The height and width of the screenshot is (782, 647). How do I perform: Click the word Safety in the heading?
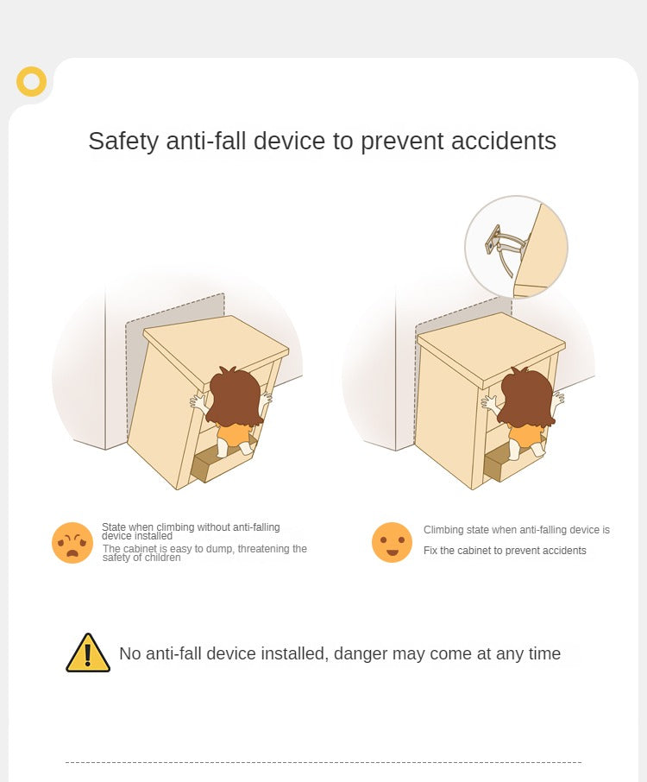123,142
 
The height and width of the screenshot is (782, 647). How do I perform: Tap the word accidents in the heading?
504,141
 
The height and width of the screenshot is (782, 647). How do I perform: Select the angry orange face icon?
72,543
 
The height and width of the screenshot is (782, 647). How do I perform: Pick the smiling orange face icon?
392,542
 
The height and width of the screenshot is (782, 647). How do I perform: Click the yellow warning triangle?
88,653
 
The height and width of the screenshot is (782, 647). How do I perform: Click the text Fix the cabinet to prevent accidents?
505,551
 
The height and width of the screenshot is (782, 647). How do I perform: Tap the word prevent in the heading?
402,142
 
